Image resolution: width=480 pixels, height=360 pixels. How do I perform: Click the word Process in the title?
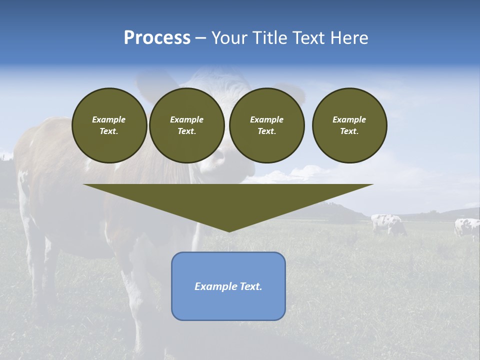(x=157, y=38)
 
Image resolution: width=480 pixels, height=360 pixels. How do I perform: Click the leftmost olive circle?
(x=109, y=125)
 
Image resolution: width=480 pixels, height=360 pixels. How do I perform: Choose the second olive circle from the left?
(x=186, y=125)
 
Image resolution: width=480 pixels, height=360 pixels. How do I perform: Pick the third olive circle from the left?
(x=266, y=125)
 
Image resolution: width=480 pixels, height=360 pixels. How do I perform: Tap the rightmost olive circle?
(x=349, y=125)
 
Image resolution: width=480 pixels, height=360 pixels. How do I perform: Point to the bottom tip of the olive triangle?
(x=228, y=230)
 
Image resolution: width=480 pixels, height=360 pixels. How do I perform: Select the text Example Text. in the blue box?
(x=228, y=286)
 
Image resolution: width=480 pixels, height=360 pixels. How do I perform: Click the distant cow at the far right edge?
(x=467, y=227)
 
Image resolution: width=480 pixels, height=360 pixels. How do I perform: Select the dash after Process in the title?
(x=200, y=38)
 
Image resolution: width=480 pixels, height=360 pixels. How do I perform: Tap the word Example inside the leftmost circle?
(x=109, y=119)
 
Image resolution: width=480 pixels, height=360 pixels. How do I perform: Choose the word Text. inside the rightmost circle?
(x=349, y=131)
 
